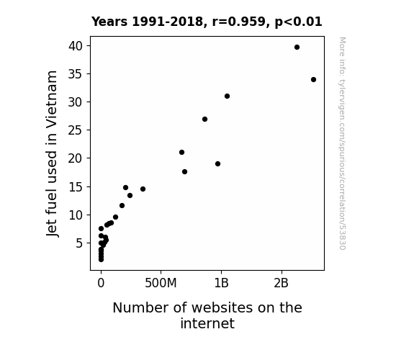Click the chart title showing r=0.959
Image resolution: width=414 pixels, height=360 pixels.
(x=207, y=22)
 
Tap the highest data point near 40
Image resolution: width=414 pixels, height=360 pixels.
(x=297, y=48)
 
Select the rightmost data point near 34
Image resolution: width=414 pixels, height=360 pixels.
(x=313, y=79)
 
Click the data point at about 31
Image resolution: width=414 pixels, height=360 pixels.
(x=227, y=96)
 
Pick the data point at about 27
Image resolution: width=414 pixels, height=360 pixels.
(x=204, y=119)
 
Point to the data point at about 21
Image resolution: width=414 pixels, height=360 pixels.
(x=181, y=153)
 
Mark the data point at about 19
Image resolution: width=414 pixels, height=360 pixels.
(x=217, y=163)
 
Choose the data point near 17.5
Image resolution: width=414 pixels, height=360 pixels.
(x=184, y=171)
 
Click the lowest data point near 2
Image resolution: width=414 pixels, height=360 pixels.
(x=101, y=260)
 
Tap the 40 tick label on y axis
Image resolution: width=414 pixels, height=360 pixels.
(x=76, y=46)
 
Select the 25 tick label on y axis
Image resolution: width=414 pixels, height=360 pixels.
(x=76, y=130)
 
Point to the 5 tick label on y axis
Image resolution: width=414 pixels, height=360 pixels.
(x=79, y=243)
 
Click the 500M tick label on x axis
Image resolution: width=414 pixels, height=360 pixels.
(x=161, y=283)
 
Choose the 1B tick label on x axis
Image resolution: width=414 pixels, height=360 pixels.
(x=221, y=283)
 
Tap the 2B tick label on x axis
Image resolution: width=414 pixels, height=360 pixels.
(x=282, y=283)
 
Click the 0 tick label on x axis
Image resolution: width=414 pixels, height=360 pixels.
(x=101, y=283)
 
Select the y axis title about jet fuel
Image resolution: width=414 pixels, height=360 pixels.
(x=52, y=153)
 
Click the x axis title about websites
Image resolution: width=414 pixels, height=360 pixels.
(x=207, y=315)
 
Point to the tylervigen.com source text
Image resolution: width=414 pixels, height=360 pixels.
(x=342, y=143)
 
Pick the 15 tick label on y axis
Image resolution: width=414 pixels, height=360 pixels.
(x=76, y=187)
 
